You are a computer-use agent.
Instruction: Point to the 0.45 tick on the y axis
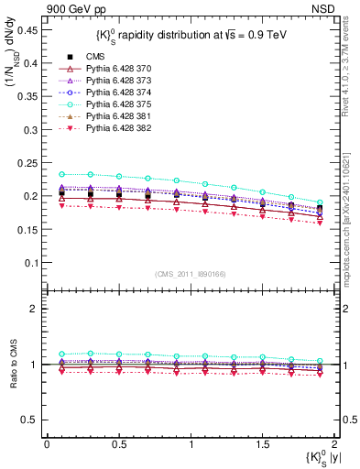pyautogui.click(x=27, y=29)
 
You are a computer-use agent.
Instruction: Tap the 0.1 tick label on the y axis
pyautogui.click(x=31, y=262)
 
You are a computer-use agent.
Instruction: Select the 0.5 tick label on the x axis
pyautogui.click(x=118, y=444)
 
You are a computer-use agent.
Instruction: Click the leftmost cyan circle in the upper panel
pyautogui.click(x=61, y=174)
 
